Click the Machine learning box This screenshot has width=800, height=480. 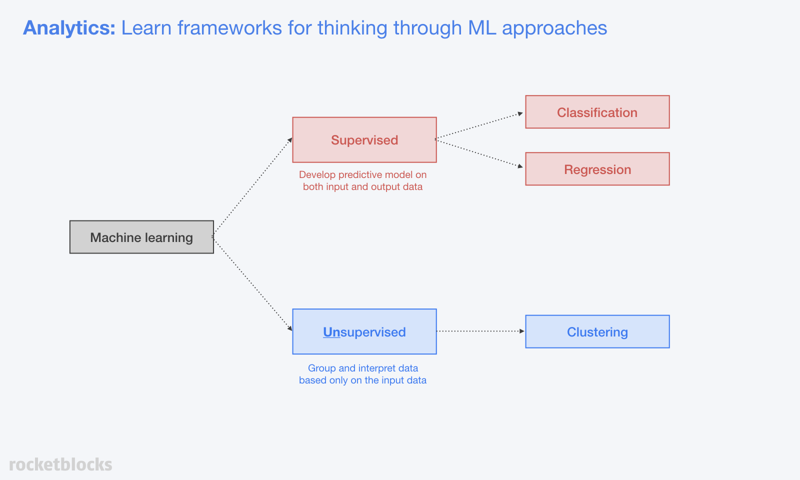142,237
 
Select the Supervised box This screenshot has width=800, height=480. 364,140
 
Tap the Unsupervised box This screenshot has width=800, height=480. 364,332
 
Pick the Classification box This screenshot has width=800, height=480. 597,112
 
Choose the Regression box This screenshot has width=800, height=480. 597,169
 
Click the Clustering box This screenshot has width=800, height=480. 597,332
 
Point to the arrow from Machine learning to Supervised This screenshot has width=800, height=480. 252,187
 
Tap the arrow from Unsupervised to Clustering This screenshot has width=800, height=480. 480,331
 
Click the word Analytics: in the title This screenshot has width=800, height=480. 69,28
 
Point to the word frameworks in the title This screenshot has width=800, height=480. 229,28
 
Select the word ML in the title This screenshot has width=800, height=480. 482,28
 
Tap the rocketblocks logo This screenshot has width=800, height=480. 60,464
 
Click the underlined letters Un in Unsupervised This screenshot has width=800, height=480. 331,332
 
